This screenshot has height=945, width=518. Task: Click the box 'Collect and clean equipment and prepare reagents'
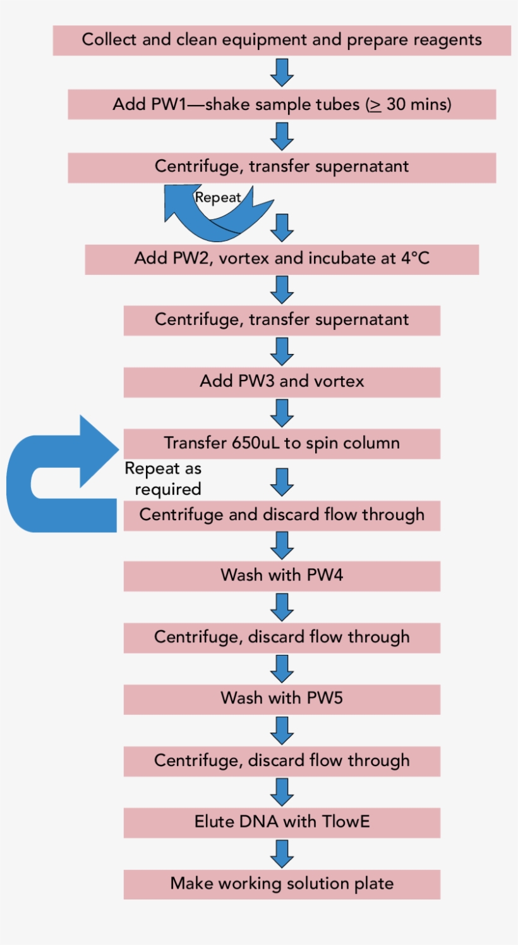point(282,40)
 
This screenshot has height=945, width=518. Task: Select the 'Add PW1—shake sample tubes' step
point(282,104)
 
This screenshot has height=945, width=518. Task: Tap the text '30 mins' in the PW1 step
point(418,104)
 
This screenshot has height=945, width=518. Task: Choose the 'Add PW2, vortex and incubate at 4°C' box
point(282,259)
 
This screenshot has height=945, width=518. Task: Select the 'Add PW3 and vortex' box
point(282,382)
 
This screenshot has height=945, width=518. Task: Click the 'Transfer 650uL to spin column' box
point(282,444)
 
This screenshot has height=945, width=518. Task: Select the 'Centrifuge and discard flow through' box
point(282,515)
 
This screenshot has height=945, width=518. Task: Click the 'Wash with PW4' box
point(282,576)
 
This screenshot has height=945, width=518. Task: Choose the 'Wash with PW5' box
point(282,698)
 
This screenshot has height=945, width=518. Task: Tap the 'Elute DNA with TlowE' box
point(282,822)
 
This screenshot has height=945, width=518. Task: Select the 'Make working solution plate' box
point(282,884)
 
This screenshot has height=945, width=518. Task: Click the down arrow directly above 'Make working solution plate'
point(282,853)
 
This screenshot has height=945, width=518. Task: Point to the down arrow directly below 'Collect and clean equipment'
point(282,72)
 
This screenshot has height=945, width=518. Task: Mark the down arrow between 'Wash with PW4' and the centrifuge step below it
point(282,607)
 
